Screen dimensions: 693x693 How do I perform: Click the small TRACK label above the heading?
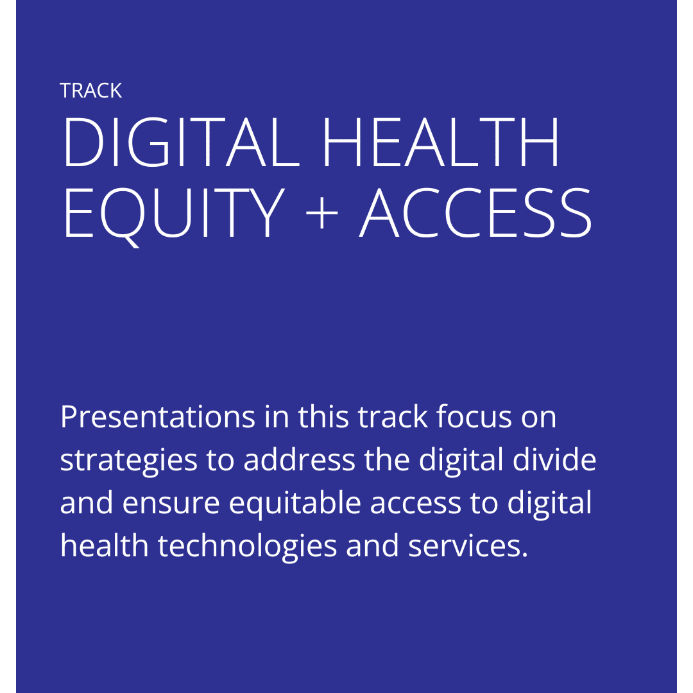click(x=90, y=90)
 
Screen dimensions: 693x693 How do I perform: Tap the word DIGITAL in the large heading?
click(x=182, y=142)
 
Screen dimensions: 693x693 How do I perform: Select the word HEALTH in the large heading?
click(x=441, y=142)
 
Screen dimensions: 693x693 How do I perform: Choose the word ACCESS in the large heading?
click(x=475, y=212)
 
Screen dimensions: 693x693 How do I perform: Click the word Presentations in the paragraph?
click(x=158, y=417)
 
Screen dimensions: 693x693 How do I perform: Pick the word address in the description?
click(x=299, y=459)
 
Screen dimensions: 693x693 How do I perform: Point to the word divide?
click(x=554, y=459)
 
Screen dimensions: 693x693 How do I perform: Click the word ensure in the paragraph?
click(x=171, y=504)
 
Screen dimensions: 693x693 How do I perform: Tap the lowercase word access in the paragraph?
click(x=415, y=504)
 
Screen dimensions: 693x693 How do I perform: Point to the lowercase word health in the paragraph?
click(x=105, y=545)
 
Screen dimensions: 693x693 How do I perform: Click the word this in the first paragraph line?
click(x=323, y=416)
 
